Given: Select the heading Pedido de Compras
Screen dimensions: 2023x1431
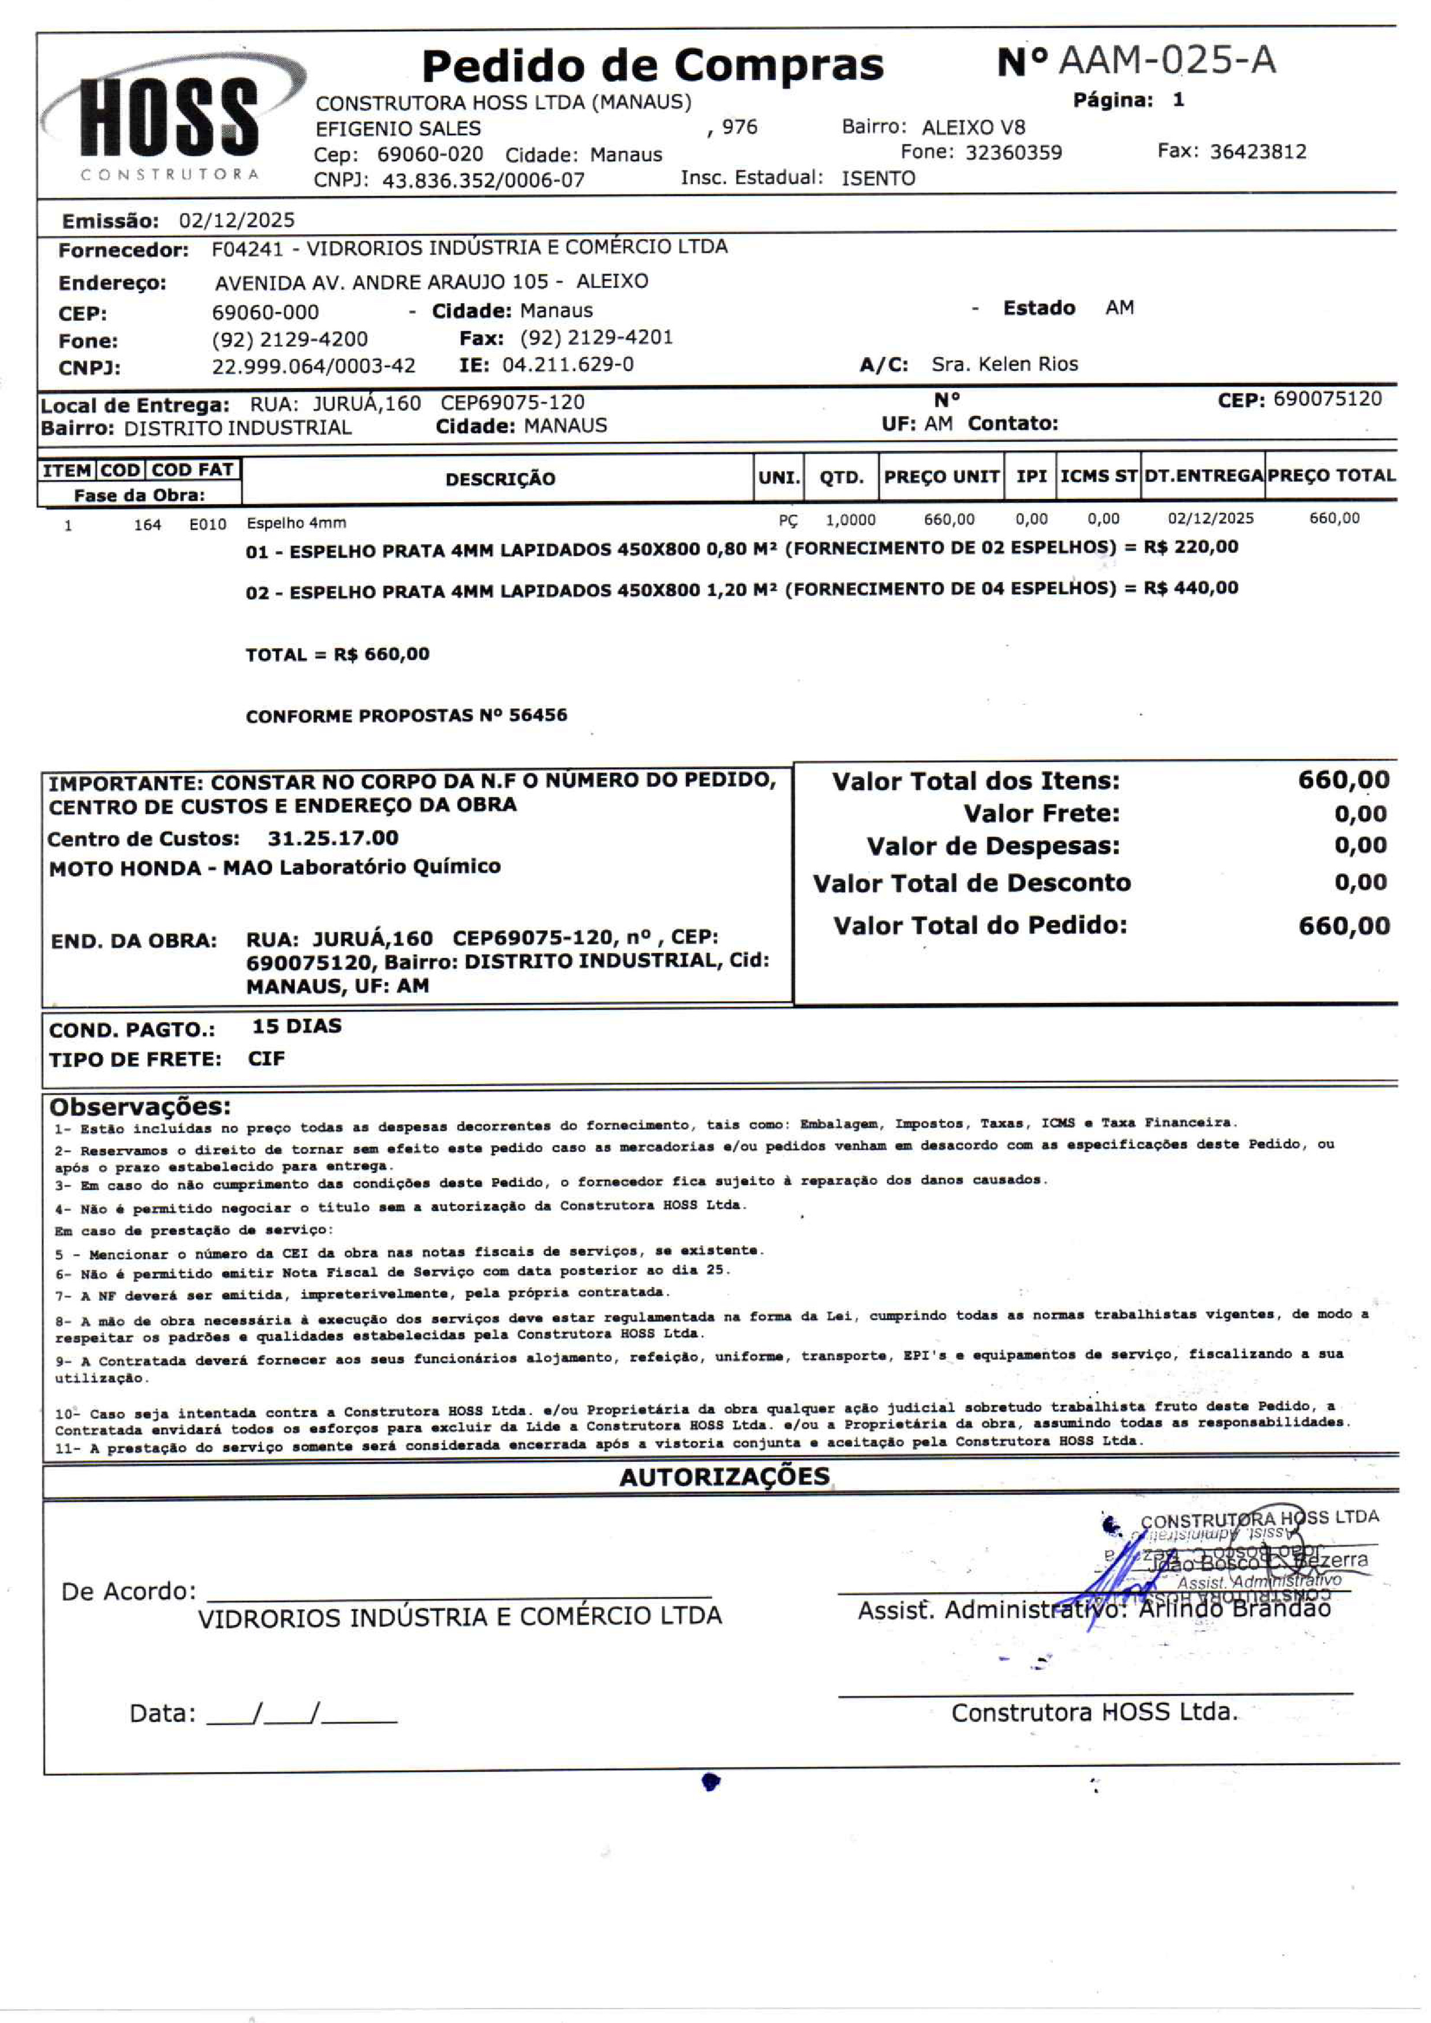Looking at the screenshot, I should [652, 65].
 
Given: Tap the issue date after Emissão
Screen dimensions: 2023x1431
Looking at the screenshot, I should [236, 221].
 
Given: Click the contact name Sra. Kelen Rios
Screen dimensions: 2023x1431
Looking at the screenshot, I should [1004, 364].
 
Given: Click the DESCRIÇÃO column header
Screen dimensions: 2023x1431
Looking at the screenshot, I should [500, 479].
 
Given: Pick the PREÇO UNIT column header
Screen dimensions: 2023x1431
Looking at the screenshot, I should [941, 477].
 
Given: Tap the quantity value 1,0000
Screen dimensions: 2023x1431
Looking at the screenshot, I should [850, 520].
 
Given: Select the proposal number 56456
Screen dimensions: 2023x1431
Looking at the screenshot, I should [537, 715].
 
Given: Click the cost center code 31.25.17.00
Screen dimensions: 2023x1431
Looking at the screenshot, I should [333, 838].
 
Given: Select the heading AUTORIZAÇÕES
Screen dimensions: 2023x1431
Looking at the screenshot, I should [724, 1477].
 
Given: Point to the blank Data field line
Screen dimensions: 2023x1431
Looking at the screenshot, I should [301, 1714].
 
